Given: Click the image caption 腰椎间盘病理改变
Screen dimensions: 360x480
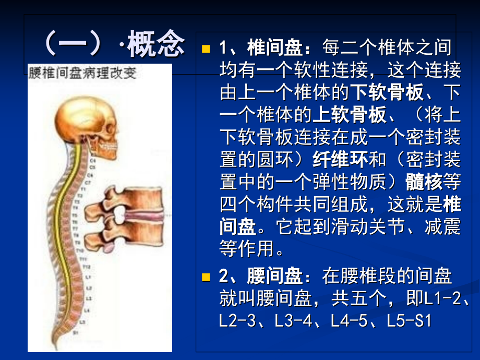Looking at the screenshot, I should pyautogui.click(x=82, y=73).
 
